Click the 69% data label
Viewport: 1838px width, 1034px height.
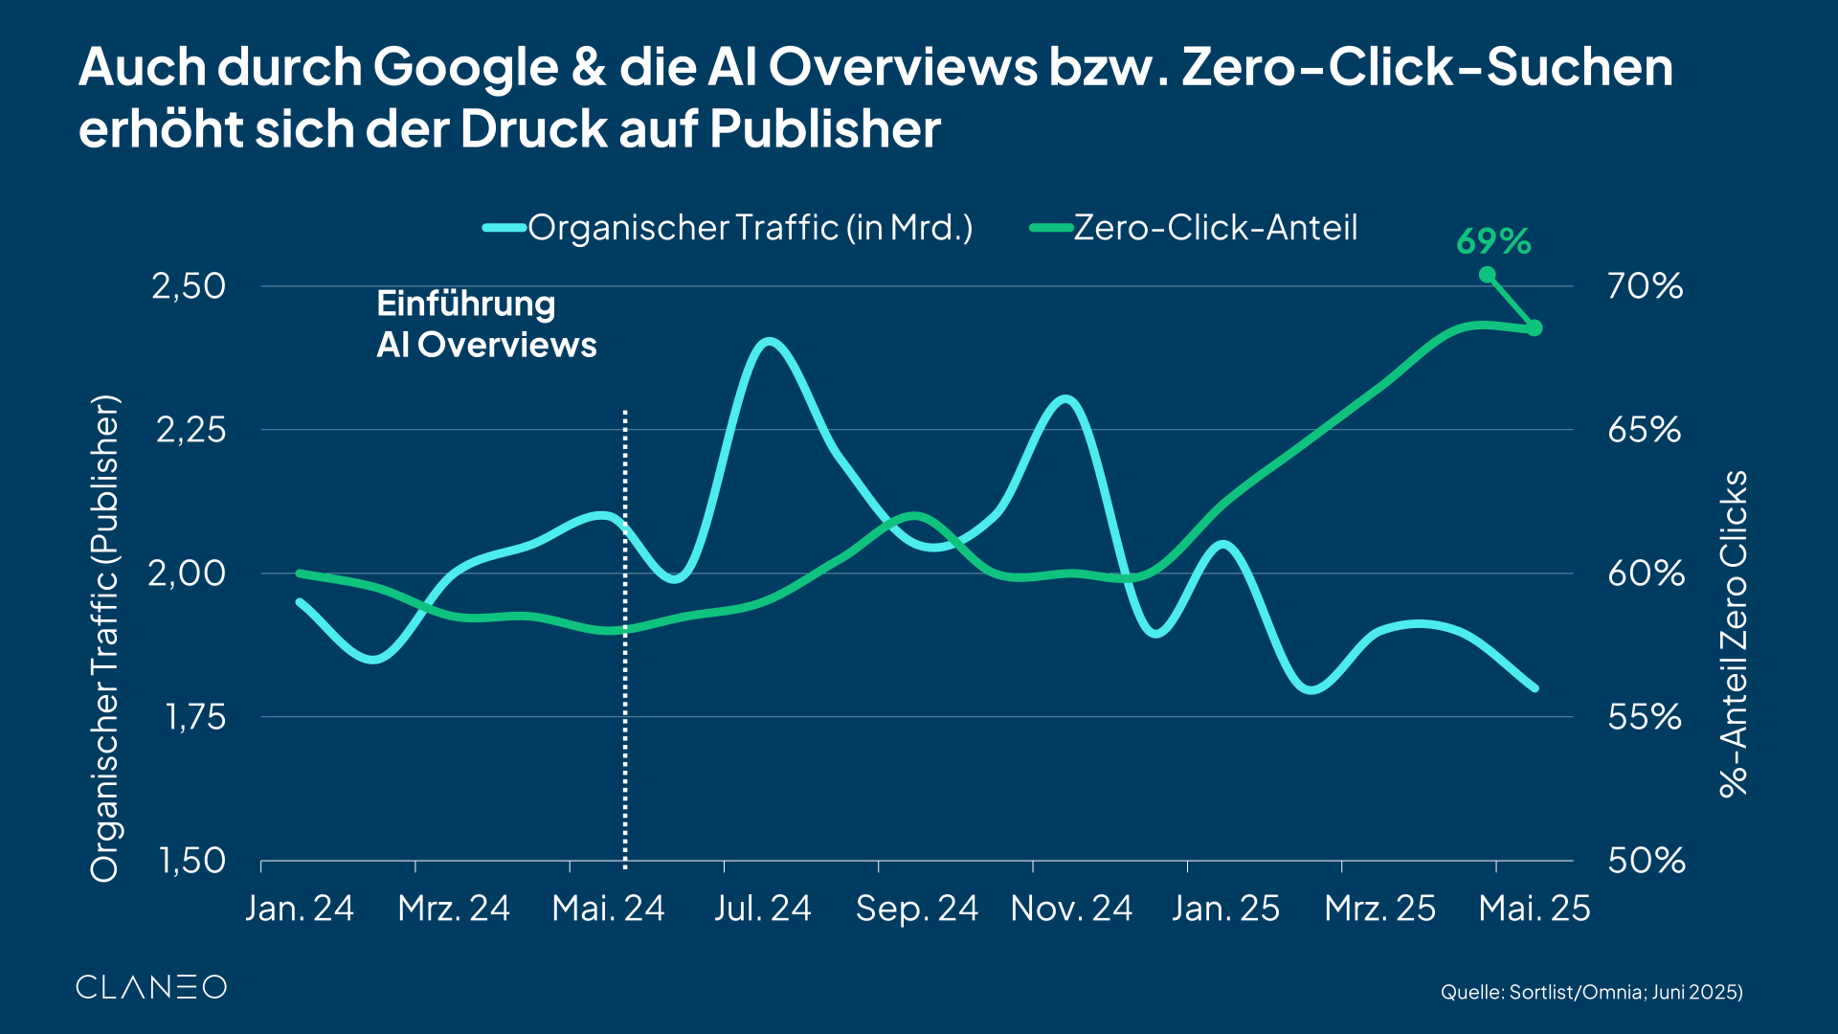click(1493, 241)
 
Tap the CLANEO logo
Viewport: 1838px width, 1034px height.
click(151, 987)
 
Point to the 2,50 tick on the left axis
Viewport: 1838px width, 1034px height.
click(189, 286)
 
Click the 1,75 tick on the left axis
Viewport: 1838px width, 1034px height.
click(195, 717)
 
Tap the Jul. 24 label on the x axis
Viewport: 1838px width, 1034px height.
click(762, 909)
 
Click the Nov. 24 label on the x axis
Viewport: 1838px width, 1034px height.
click(1071, 909)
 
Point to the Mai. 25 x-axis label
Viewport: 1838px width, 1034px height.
click(1534, 909)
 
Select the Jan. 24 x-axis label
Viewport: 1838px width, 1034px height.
click(300, 909)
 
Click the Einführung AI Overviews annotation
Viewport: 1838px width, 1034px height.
click(486, 325)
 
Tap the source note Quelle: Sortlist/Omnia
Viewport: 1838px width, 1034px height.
click(1591, 992)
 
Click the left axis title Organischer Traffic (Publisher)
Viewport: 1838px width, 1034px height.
click(104, 637)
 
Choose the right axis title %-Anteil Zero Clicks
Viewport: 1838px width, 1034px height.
click(1734, 634)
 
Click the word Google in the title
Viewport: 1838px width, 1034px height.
click(465, 67)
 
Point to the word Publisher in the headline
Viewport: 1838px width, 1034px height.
click(825, 128)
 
